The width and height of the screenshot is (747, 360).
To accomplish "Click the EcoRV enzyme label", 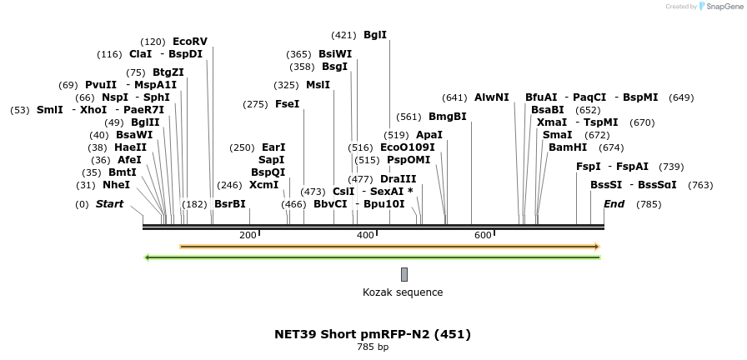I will pyautogui.click(x=189, y=41).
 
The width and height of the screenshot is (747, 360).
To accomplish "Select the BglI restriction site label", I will pyautogui.click(x=375, y=35).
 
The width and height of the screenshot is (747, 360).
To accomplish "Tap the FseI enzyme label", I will pyautogui.click(x=287, y=104).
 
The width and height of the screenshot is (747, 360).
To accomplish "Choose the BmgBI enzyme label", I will pyautogui.click(x=447, y=117).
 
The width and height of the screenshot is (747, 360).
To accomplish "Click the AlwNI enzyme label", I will pyautogui.click(x=491, y=97).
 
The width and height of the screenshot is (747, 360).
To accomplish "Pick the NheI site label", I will pyautogui.click(x=116, y=185).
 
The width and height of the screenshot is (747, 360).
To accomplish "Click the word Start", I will pyautogui.click(x=109, y=204).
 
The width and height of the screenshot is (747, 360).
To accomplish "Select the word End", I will pyautogui.click(x=614, y=204).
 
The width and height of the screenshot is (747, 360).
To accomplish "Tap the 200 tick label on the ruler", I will pyautogui.click(x=248, y=236).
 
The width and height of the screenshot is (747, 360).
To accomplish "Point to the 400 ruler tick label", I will pyautogui.click(x=365, y=236).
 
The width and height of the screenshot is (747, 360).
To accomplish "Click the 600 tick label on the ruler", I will pyautogui.click(x=483, y=236).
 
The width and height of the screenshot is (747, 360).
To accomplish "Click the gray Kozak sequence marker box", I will pyautogui.click(x=404, y=274).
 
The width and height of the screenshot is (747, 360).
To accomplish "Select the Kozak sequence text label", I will pyautogui.click(x=403, y=292).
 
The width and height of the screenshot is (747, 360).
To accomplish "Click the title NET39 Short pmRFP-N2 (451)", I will pyautogui.click(x=373, y=334).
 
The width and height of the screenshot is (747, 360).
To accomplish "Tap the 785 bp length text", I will pyautogui.click(x=373, y=347).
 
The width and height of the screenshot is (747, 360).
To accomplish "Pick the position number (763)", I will pyautogui.click(x=700, y=185).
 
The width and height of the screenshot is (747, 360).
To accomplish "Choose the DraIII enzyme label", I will pyautogui.click(x=398, y=179).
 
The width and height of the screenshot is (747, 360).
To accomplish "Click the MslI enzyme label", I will pyautogui.click(x=318, y=85).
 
